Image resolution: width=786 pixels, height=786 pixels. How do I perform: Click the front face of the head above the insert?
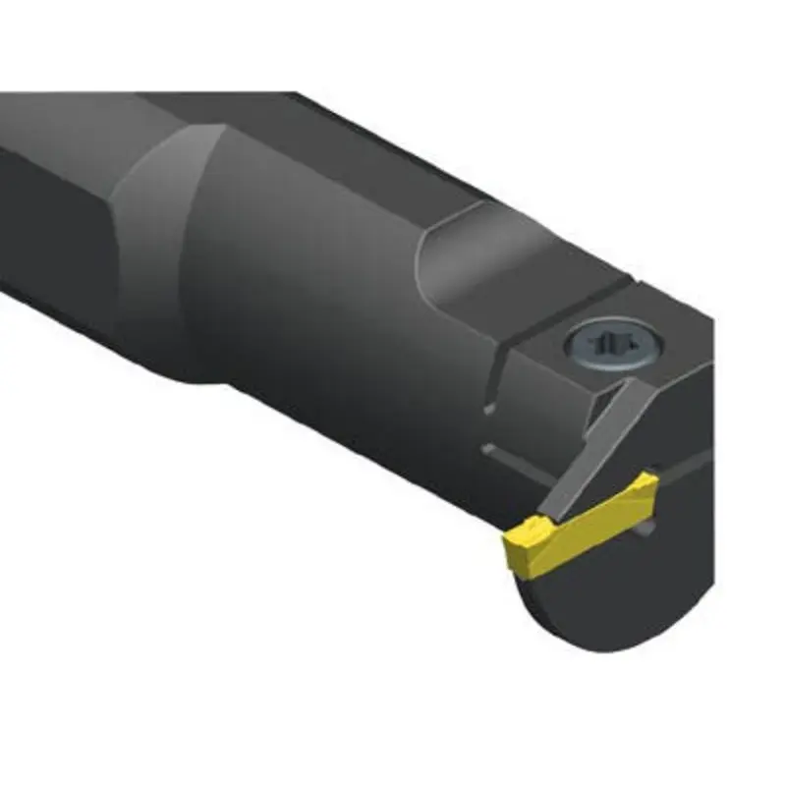coord(678,413)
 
